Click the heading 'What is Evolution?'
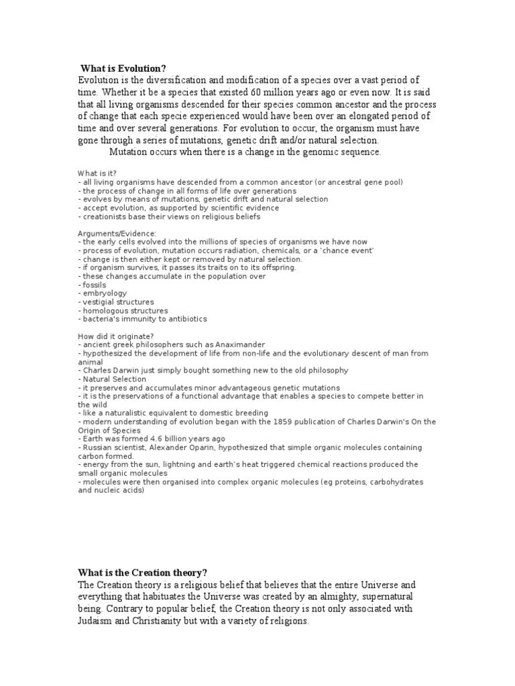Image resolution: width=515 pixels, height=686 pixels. [x=123, y=68]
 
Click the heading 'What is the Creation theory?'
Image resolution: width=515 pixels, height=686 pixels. [x=143, y=572]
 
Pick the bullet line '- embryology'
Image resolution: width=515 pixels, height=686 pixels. [x=102, y=293]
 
